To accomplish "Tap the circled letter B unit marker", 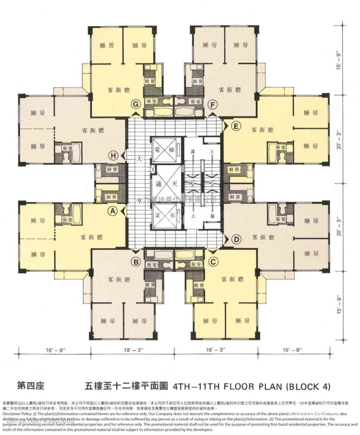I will coord(136,262).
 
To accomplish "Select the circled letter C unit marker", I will coord(213,262).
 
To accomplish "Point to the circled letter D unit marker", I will coord(237,239).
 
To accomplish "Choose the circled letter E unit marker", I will coord(236,127).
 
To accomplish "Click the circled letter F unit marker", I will coord(213,104).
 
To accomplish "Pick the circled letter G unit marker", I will coord(137,104).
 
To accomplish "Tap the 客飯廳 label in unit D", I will coord(262,238).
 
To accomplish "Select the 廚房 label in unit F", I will coord(198,81).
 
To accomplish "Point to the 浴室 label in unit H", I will coord(67,148).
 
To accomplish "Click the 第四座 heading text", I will coord(30,385).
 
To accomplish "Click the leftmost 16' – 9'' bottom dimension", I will coord(54,349).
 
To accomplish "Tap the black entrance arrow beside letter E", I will coord(225,126).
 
